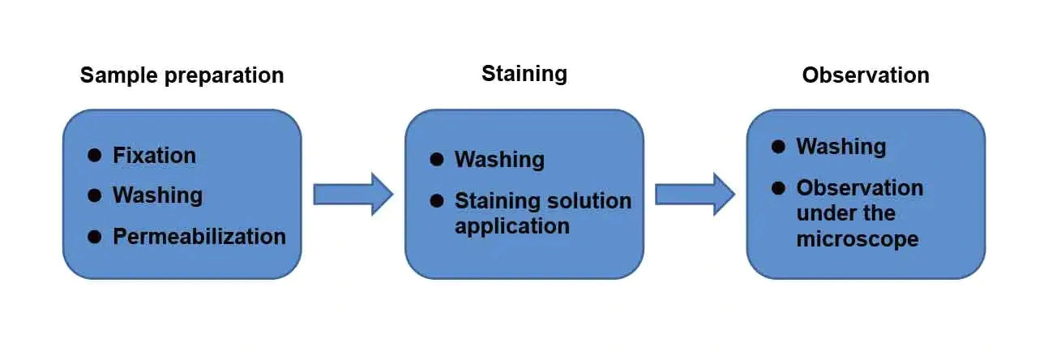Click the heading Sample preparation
[x=182, y=76]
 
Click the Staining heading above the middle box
[x=524, y=74]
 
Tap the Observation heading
[x=866, y=75]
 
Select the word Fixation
[x=154, y=155]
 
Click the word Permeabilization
[x=199, y=237]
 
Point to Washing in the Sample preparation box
[x=157, y=195]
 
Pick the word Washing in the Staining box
[x=499, y=160]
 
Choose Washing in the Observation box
[x=841, y=147]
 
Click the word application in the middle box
[x=511, y=226]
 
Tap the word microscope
[x=857, y=239]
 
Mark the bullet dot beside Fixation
[x=94, y=154]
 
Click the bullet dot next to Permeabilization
[x=94, y=237]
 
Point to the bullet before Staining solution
[x=437, y=200]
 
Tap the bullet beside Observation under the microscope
[x=778, y=187]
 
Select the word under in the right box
[x=822, y=213]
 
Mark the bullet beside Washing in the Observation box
[x=778, y=147]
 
